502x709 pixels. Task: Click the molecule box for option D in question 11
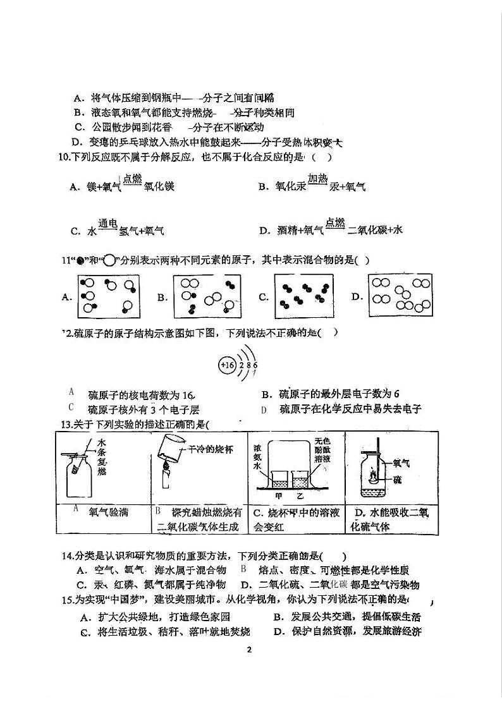click(x=401, y=297)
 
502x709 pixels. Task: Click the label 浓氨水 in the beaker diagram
click(x=258, y=464)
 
